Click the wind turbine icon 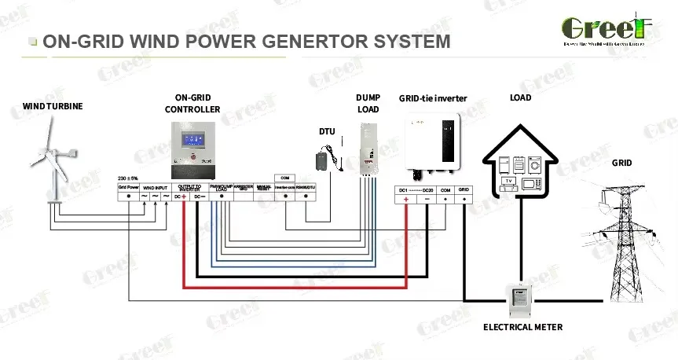[52, 161]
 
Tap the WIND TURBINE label [53, 106]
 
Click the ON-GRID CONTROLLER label [192, 104]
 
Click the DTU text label [327, 131]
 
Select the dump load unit [368, 150]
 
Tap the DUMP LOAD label [368, 104]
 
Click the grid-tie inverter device [431, 144]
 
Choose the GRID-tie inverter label [432, 99]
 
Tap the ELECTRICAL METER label [522, 327]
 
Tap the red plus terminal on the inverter [406, 200]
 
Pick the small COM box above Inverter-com [284, 178]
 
